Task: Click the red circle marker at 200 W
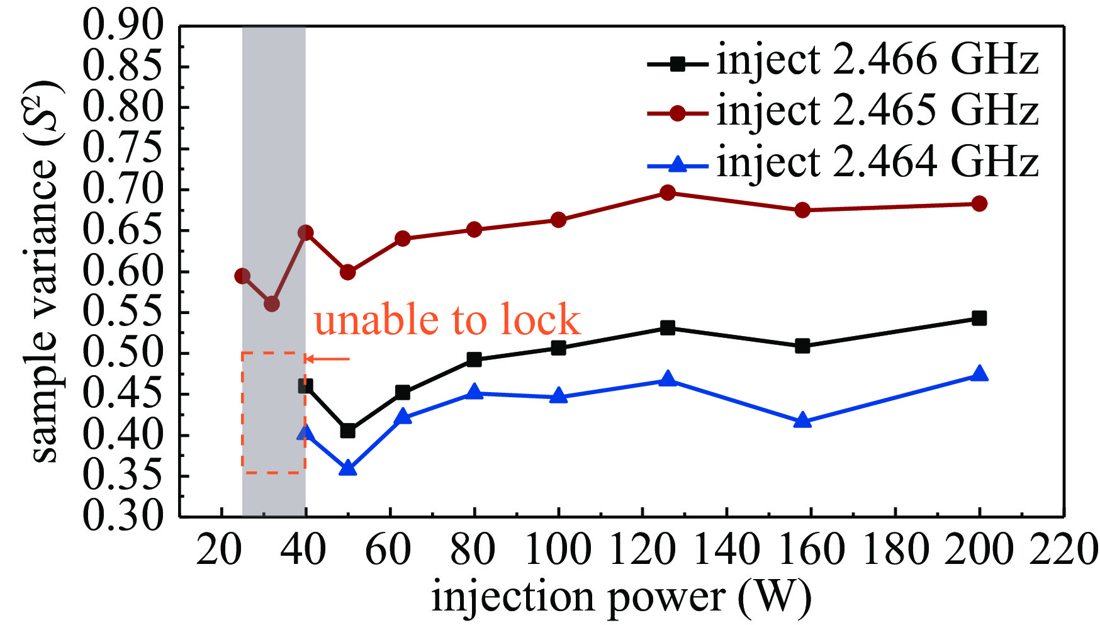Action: pyautogui.click(x=979, y=203)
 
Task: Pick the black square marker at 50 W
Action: pyautogui.click(x=347, y=431)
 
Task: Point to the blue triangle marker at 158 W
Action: pyautogui.click(x=802, y=421)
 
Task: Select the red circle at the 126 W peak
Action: pyautogui.click(x=668, y=193)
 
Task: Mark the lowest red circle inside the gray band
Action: pyautogui.click(x=272, y=304)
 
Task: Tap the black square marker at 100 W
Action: pyautogui.click(x=558, y=347)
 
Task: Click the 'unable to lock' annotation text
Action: pyautogui.click(x=447, y=320)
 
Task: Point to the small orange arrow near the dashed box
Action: pyautogui.click(x=327, y=359)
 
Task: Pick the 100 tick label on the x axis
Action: pyautogui.click(x=558, y=549)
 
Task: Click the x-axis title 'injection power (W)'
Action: pyautogui.click(x=621, y=596)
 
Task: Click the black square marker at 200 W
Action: pyautogui.click(x=979, y=318)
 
